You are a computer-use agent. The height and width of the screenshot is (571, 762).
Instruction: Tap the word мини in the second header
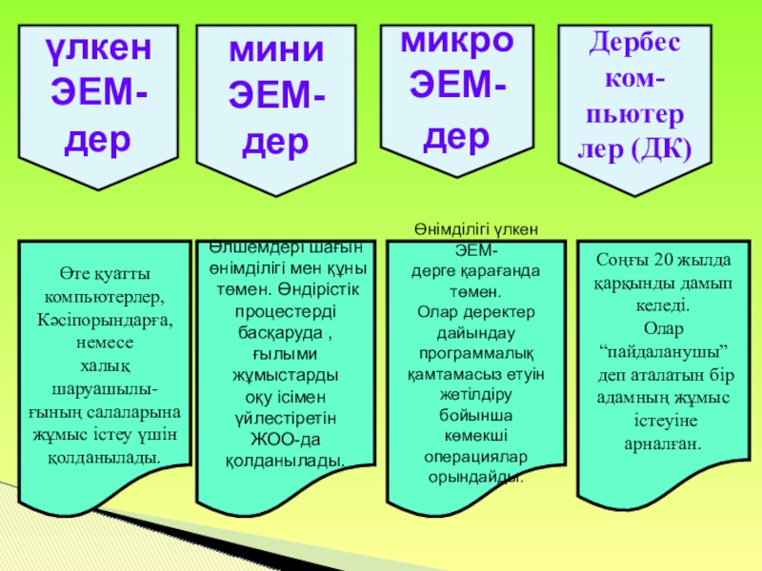[276, 49]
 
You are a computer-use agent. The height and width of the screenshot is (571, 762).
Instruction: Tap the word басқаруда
[282, 333]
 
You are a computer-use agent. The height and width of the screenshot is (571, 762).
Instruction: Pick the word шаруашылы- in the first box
[105, 388]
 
